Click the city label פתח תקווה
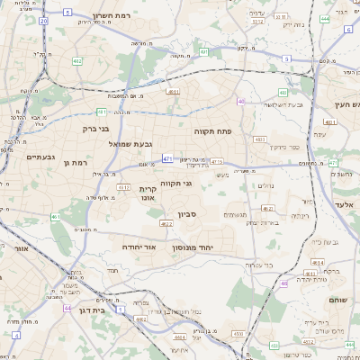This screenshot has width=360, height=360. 212,131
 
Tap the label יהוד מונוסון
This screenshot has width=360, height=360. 216,244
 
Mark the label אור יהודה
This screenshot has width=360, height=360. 138,246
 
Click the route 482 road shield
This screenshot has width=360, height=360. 77,61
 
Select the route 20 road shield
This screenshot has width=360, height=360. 44,20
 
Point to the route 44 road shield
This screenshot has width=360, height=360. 67,308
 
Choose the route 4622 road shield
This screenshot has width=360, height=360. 166,223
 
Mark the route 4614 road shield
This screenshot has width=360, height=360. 319,262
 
